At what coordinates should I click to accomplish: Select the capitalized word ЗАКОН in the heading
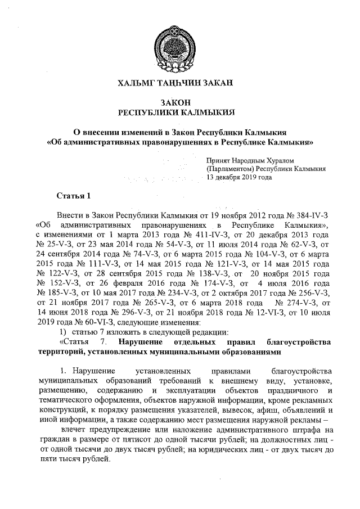pyautogui.click(x=180, y=103)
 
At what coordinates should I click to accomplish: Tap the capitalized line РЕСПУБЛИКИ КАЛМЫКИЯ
pyautogui.click(x=180, y=112)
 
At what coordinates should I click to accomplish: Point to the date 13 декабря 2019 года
pyautogui.click(x=239, y=177)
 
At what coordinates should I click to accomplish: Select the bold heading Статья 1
pyautogui.click(x=73, y=196)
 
